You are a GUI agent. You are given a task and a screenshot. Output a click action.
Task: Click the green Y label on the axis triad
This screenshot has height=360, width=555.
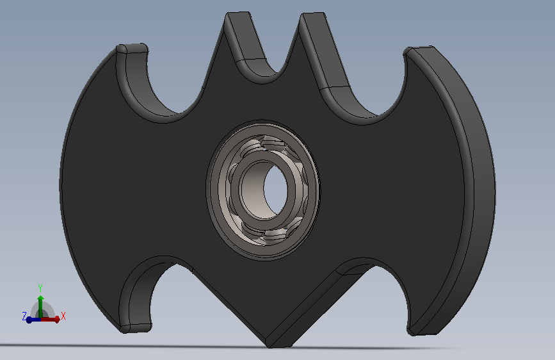click(x=40, y=288)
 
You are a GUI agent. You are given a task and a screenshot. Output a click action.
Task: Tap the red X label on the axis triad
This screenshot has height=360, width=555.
click(x=63, y=316)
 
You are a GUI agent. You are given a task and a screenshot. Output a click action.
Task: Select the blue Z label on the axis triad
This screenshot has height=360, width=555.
click(x=24, y=316)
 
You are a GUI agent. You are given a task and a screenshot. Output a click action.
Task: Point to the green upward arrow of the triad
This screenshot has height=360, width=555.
click(x=41, y=306)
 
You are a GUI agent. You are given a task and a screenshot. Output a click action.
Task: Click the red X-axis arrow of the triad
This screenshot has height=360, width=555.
click(x=49, y=320)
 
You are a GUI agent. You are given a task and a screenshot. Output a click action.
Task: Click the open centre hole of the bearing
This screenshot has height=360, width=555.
click(x=275, y=190)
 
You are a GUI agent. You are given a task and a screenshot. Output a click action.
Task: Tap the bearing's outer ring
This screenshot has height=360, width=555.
click(x=262, y=191)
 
